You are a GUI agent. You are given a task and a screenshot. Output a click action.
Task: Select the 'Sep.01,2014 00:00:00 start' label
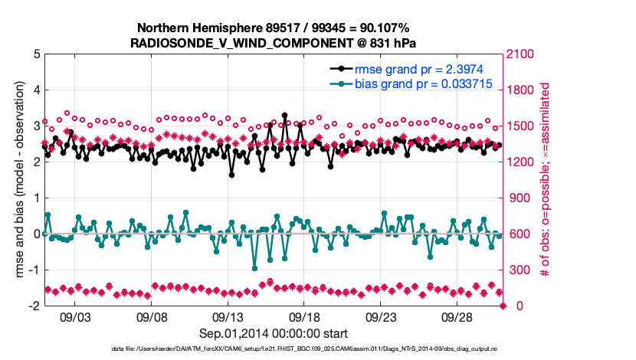pyautogui.click(x=274, y=333)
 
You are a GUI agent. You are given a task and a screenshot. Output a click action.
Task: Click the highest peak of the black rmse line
pyautogui.click(x=285, y=116)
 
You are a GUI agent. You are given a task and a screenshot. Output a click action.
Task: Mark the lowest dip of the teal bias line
pyautogui.click(x=254, y=267)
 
